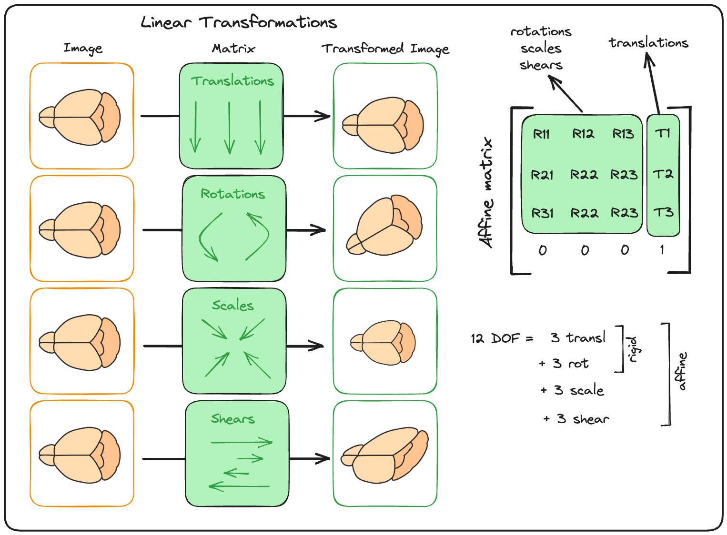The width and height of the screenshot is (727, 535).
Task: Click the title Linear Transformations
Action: pyautogui.click(x=239, y=22)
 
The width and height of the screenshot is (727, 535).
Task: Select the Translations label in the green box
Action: pyautogui.click(x=232, y=81)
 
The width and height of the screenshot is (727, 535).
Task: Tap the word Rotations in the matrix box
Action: pyautogui.click(x=232, y=194)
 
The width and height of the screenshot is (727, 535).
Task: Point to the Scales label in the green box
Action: pyautogui.click(x=233, y=305)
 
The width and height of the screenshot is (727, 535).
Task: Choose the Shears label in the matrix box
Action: pyautogui.click(x=233, y=418)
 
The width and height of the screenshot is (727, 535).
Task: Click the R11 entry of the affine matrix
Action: pyautogui.click(x=541, y=134)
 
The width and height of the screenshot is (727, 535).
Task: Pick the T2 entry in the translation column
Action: pyautogui.click(x=663, y=174)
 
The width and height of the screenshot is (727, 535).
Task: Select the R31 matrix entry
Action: pyautogui.click(x=543, y=213)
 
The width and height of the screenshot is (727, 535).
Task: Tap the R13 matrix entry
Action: pyautogui.click(x=623, y=134)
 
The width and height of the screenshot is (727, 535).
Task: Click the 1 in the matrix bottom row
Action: pyautogui.click(x=662, y=250)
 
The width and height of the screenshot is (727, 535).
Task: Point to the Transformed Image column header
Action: pyautogui.click(x=385, y=49)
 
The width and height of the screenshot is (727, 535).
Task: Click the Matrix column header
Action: pyautogui.click(x=233, y=49)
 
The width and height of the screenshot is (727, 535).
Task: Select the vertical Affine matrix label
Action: pyautogui.click(x=486, y=193)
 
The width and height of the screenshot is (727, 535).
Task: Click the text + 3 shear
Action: pyautogui.click(x=576, y=419)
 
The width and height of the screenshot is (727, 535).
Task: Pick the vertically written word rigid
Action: pyautogui.click(x=632, y=349)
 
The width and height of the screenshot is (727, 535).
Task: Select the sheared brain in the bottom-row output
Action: pyautogui.click(x=384, y=455)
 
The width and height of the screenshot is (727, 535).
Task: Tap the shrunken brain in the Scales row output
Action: pyautogui.click(x=383, y=343)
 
